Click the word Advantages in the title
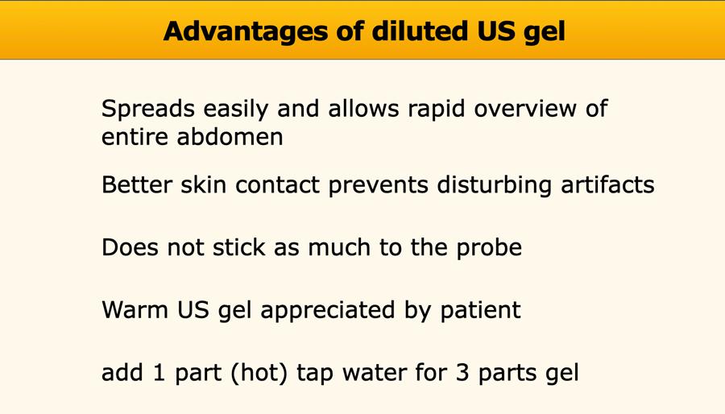coord(246,32)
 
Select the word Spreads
coord(148,110)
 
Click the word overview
coord(525,109)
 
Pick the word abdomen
coord(230,137)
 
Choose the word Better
coord(136,184)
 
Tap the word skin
coord(204,184)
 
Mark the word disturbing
coord(495,185)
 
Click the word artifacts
coord(607,184)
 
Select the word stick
coord(239,246)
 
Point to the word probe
coord(489,248)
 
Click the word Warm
coord(135,309)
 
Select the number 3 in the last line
coord(462,373)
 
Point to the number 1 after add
coord(159,373)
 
